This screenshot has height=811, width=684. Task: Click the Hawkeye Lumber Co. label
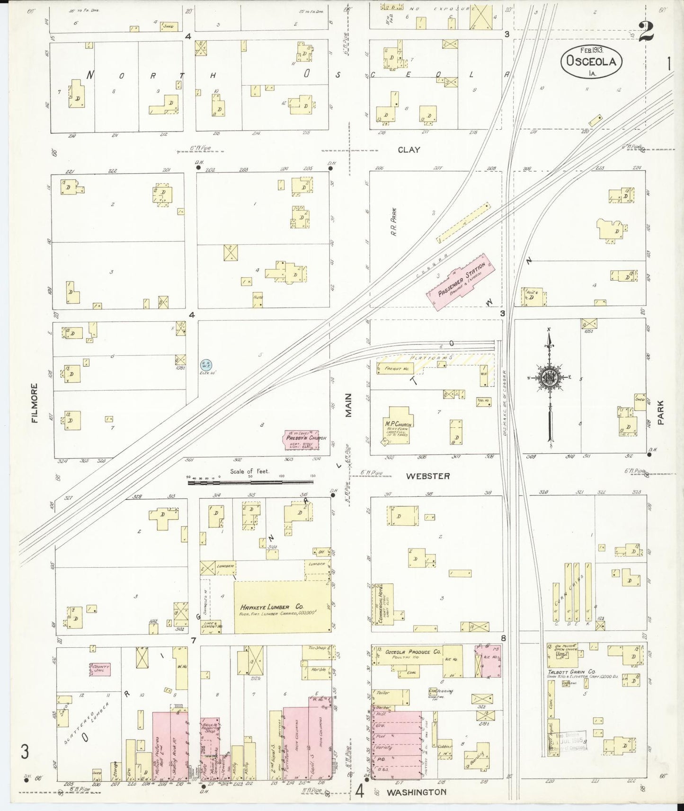(272, 607)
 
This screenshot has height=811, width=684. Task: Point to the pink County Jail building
(100, 669)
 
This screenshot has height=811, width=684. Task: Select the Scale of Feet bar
(251, 482)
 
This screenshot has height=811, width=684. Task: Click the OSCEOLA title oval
(591, 62)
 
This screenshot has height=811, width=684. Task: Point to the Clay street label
(409, 150)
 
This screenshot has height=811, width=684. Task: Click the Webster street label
(427, 476)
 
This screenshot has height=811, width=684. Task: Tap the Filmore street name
(34, 403)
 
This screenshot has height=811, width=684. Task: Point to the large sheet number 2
(646, 32)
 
